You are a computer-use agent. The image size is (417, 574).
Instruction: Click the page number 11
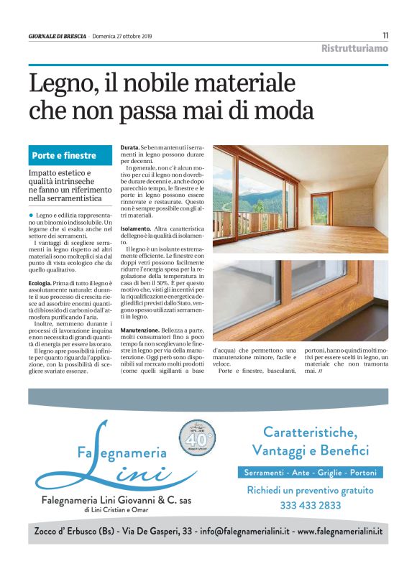pos(385,35)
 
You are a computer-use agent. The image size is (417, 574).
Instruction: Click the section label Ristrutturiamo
pos(354,48)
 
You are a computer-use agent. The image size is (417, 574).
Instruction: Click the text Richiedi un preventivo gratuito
pos(310,491)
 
